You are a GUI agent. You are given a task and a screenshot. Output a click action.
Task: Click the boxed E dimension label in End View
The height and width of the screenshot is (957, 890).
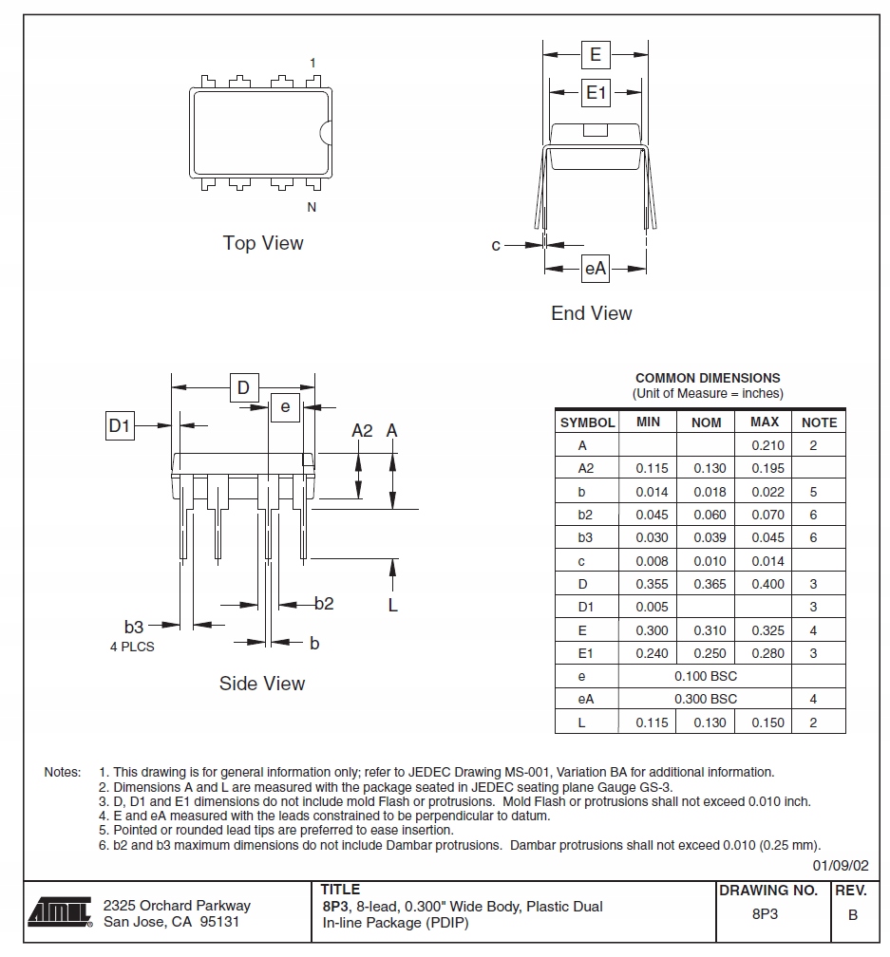click(x=596, y=54)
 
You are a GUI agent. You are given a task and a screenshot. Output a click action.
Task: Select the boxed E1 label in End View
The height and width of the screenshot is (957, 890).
click(x=596, y=93)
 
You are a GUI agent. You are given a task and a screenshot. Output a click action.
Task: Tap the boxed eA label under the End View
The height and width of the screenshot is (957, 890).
click(x=595, y=270)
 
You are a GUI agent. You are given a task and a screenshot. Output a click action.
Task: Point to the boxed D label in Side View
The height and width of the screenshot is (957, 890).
click(x=243, y=387)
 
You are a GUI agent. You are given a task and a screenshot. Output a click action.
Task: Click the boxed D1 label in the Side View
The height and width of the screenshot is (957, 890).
click(x=119, y=426)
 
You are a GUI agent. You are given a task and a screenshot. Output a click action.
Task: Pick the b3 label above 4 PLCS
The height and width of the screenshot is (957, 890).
click(x=133, y=627)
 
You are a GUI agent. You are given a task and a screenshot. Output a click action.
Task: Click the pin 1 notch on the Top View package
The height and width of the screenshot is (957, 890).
click(x=326, y=135)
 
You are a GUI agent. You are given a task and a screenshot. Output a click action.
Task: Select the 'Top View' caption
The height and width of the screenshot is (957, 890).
click(x=263, y=243)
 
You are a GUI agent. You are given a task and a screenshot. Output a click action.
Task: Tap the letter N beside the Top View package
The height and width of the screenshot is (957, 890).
click(x=312, y=208)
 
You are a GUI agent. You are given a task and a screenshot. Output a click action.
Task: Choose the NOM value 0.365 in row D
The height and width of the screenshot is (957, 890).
click(x=706, y=584)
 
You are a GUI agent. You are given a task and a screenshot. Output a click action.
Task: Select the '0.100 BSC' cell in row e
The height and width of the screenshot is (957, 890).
click(x=705, y=676)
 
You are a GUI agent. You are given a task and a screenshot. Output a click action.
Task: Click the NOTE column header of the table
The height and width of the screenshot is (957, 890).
click(x=819, y=422)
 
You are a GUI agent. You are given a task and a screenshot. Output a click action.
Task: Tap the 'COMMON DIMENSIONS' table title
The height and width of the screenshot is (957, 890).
click(x=708, y=378)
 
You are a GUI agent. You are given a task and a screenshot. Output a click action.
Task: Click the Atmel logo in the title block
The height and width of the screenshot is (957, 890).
click(x=59, y=911)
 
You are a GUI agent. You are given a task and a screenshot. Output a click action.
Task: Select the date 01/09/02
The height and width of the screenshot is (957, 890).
click(x=841, y=865)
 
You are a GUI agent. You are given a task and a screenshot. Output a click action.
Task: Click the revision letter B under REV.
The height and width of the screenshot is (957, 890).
click(x=852, y=915)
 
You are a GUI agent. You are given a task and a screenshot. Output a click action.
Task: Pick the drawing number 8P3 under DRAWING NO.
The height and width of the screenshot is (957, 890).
click(x=766, y=915)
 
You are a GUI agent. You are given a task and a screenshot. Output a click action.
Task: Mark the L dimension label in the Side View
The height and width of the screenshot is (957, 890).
click(x=392, y=605)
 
